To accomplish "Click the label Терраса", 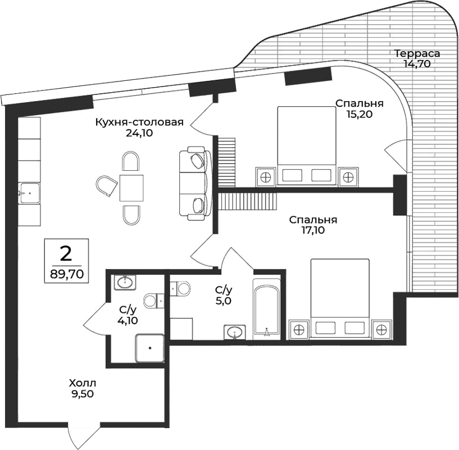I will [x=416, y=53].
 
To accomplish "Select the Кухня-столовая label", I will [x=139, y=122].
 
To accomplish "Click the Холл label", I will [x=79, y=383].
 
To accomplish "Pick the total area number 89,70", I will [x=66, y=275].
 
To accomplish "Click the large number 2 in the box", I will [x=66, y=254].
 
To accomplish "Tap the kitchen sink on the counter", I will [x=29, y=193].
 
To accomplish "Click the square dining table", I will [x=131, y=188].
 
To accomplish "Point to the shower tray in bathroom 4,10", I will [x=149, y=347].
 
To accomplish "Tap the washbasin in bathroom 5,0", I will [x=234, y=333].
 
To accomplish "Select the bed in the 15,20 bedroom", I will [x=307, y=144].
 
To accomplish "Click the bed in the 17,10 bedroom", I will [x=339, y=298].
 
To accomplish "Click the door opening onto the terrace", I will [x=396, y=153].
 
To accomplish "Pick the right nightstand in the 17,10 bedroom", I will [x=382, y=329].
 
